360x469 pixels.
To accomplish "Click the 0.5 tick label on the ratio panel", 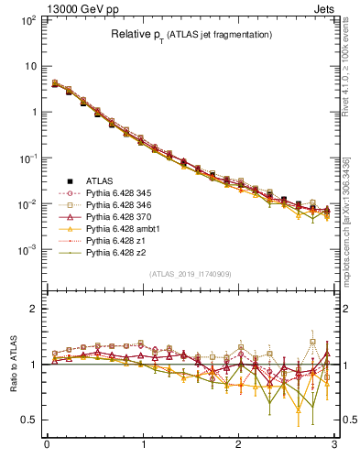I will click(29, 420).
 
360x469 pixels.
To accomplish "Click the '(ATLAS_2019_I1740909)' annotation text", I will click(191, 274).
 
